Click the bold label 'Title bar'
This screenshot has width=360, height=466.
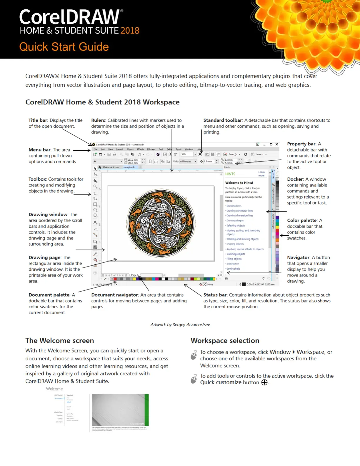[x=38, y=120]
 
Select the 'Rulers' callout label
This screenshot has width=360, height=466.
[x=98, y=120]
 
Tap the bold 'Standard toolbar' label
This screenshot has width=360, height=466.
[x=223, y=120]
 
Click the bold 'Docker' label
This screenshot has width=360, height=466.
[x=295, y=179]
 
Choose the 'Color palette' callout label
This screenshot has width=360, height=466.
[x=302, y=220]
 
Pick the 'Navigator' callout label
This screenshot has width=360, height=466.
[x=298, y=257]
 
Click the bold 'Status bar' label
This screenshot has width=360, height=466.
[x=215, y=295]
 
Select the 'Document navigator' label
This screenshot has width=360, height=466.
[x=114, y=295]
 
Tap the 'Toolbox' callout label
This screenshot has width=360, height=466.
[x=37, y=179]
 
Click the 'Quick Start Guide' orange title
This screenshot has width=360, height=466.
[x=64, y=47]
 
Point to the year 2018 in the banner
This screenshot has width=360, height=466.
[x=130, y=31]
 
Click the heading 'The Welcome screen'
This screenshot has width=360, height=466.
[x=59, y=340]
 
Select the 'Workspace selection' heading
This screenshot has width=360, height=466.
[x=225, y=340]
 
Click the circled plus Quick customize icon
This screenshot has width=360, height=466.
[x=264, y=382]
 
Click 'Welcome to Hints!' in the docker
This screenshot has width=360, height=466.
[x=239, y=183]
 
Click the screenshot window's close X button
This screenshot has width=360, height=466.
[x=276, y=144]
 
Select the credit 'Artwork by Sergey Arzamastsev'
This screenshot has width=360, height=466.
[x=180, y=325]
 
